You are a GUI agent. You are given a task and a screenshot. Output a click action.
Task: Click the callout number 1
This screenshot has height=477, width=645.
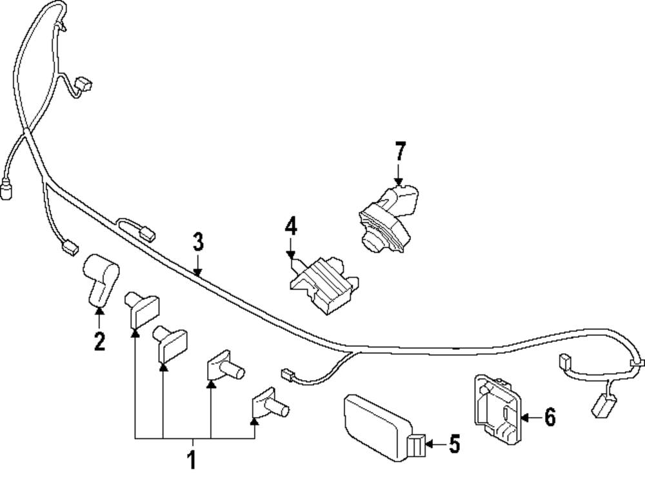(191, 460)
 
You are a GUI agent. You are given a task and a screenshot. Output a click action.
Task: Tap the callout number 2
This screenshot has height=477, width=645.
(99, 340)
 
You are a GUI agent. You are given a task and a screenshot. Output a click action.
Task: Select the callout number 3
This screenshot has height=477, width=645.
(198, 242)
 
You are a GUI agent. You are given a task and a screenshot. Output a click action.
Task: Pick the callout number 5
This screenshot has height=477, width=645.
(454, 444)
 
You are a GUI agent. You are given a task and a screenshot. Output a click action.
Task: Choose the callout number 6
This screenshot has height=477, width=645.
(549, 418)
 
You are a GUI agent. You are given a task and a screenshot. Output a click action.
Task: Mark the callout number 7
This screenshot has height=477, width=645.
(400, 152)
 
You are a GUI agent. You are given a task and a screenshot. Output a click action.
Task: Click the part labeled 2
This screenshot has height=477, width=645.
(99, 277)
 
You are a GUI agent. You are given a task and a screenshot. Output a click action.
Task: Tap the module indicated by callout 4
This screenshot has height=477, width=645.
(322, 284)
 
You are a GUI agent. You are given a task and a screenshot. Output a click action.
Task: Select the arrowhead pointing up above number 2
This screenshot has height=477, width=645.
(99, 311)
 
